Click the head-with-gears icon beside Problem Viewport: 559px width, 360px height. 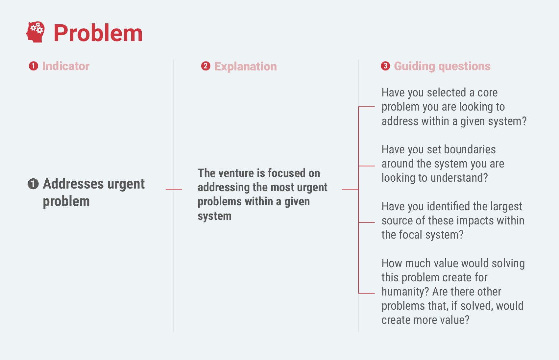pyautogui.click(x=36, y=32)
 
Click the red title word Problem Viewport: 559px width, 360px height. pyautogui.click(x=98, y=33)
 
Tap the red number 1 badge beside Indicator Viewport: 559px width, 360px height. pyautogui.click(x=34, y=66)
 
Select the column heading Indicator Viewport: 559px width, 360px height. pyautogui.click(x=66, y=66)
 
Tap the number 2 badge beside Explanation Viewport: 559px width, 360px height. pyautogui.click(x=206, y=66)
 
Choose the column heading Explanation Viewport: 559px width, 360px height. pyautogui.click(x=246, y=67)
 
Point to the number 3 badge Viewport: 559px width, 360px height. pyautogui.click(x=385, y=66)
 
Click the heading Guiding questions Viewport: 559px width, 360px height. pyautogui.click(x=442, y=67)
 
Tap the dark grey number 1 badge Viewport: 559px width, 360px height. pyautogui.click(x=33, y=184)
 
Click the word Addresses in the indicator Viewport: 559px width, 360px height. pyautogui.click(x=73, y=184)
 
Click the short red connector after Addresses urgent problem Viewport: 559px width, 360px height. pyautogui.click(x=174, y=189)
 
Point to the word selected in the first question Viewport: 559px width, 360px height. pyautogui.click(x=447, y=92)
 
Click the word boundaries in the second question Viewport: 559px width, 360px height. pyautogui.click(x=470, y=149)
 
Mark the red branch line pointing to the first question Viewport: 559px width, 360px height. pyautogui.click(x=367, y=107)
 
